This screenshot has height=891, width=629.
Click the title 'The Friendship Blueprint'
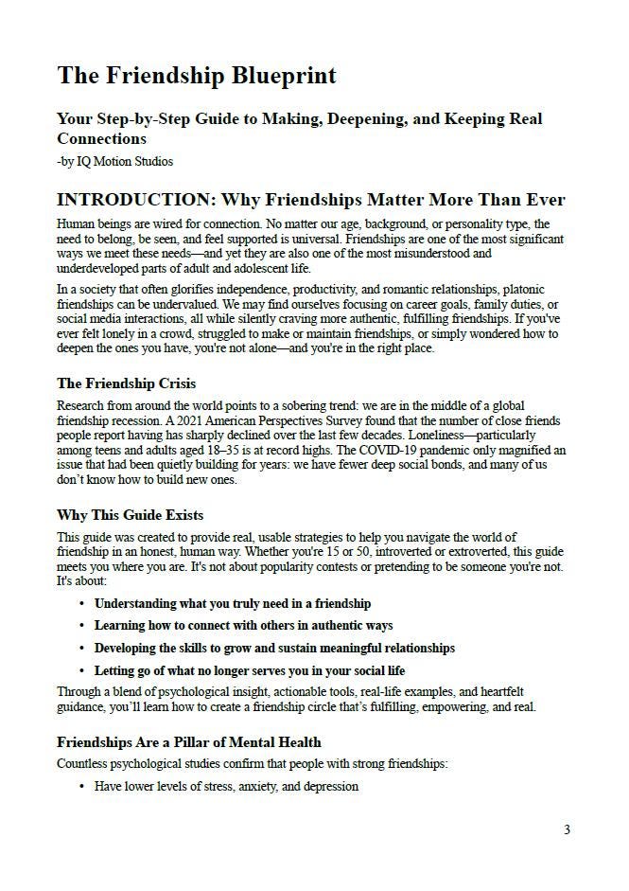coord(197,75)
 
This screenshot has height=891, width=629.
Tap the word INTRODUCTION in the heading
coord(131,200)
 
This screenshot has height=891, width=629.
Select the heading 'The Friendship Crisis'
coord(127,383)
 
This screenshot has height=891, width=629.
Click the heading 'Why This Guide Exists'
coord(130,515)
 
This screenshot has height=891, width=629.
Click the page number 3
coord(567,830)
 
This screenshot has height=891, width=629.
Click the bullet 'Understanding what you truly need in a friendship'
coord(233,603)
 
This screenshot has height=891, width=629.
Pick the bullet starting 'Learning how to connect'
coord(243,626)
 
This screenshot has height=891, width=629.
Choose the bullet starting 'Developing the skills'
coord(274,649)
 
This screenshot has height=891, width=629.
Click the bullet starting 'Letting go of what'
coord(250,670)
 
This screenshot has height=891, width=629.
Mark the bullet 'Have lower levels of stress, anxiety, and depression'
coord(226,786)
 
